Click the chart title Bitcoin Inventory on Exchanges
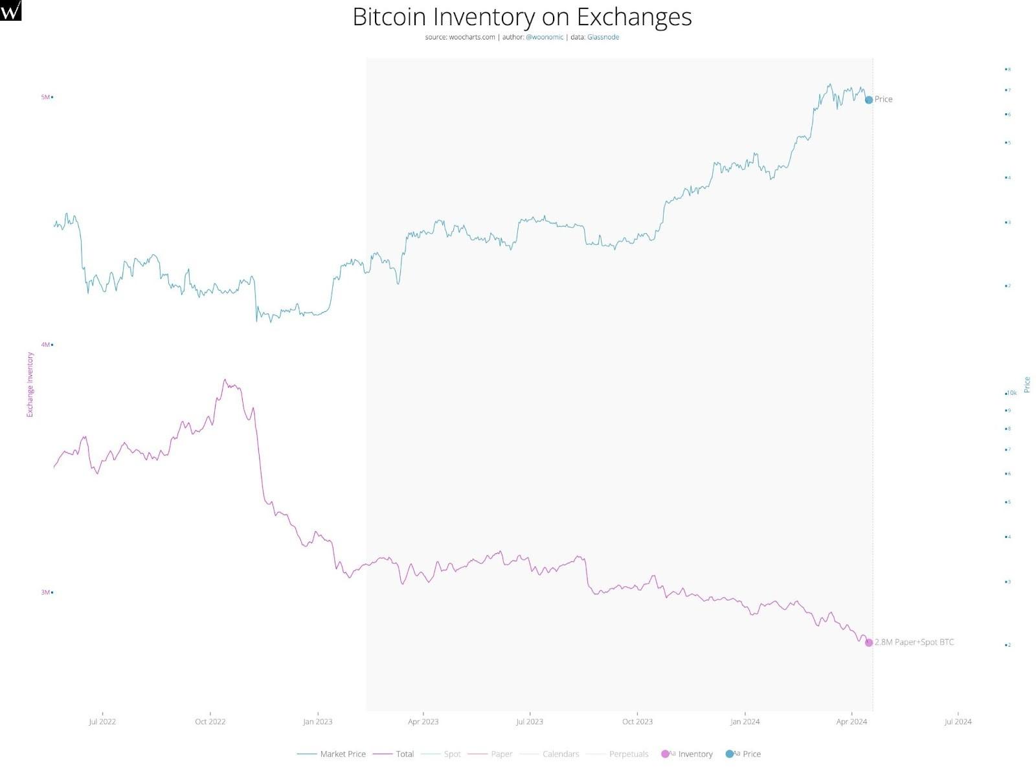click(x=522, y=17)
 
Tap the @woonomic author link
click(x=545, y=38)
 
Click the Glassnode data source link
click(x=603, y=38)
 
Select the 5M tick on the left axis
click(x=45, y=97)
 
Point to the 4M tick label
click(x=45, y=345)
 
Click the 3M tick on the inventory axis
click(x=45, y=592)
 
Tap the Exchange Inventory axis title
click(x=30, y=384)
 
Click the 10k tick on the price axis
click(x=1011, y=393)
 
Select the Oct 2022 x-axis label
click(x=210, y=722)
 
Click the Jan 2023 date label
click(x=317, y=722)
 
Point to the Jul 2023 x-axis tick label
click(x=530, y=722)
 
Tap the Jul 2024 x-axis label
click(x=958, y=722)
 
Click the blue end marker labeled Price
click(x=869, y=100)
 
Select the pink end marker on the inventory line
click(x=869, y=643)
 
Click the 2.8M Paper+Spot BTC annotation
click(x=914, y=642)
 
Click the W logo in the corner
click(x=11, y=10)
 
